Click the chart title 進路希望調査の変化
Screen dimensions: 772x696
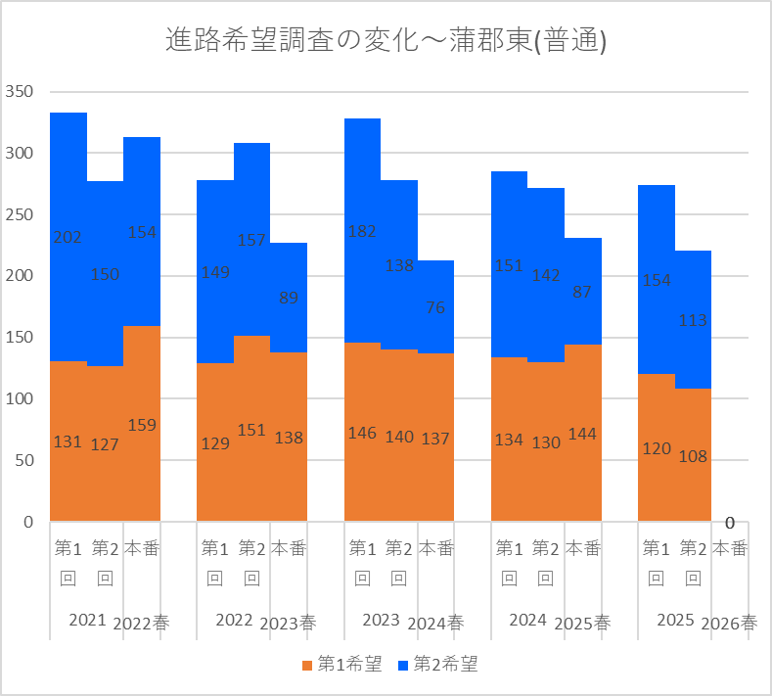(292, 40)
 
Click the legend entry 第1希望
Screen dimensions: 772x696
(341, 664)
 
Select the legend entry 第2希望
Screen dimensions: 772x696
(437, 664)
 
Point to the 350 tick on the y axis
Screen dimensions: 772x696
(20, 92)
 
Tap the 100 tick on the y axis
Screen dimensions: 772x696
(20, 398)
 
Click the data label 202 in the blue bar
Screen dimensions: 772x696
(68, 238)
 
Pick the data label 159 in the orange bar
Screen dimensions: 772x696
(142, 425)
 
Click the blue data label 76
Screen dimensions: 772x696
(435, 307)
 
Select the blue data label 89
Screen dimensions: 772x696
(289, 298)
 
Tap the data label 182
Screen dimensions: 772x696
(362, 231)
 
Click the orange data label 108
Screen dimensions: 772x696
(693, 456)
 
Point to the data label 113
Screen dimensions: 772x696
(693, 320)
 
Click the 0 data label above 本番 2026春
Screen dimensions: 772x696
(730, 523)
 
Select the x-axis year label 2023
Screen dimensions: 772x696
(381, 620)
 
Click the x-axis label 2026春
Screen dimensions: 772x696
(729, 624)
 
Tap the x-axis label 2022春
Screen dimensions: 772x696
(141, 624)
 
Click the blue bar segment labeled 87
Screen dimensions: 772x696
(583, 291)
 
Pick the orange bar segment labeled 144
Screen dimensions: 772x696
(583, 433)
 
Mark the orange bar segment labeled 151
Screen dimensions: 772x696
(252, 428)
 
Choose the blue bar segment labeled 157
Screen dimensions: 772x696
(252, 240)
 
